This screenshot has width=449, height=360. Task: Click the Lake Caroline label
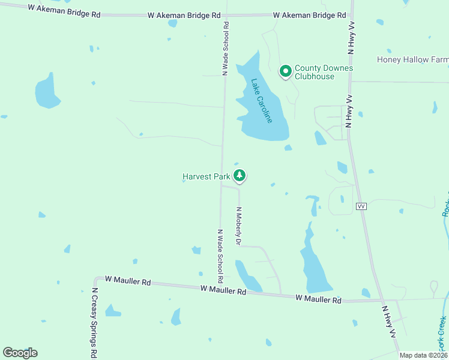(x=262, y=101)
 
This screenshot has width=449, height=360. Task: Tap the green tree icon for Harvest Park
(x=240, y=176)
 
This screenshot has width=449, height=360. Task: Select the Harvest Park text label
(x=206, y=176)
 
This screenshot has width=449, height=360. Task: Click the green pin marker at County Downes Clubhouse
(x=286, y=71)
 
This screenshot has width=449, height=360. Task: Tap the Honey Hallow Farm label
(x=412, y=59)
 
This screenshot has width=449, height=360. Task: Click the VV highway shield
(x=361, y=206)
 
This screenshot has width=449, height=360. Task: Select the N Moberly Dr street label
(x=238, y=226)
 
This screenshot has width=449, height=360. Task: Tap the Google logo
(x=20, y=353)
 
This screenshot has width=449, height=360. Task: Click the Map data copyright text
(x=423, y=355)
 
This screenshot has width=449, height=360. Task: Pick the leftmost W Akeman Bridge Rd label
(x=64, y=11)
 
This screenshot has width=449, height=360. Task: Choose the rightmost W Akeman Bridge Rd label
(x=309, y=14)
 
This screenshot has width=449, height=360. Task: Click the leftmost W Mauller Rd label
(x=128, y=280)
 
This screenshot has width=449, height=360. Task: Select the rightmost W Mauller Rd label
(x=318, y=299)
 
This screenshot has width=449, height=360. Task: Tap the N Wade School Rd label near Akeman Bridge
(x=226, y=49)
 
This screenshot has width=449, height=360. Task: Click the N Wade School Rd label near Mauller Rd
(x=220, y=256)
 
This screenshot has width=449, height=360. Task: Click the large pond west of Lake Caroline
(x=46, y=91)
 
